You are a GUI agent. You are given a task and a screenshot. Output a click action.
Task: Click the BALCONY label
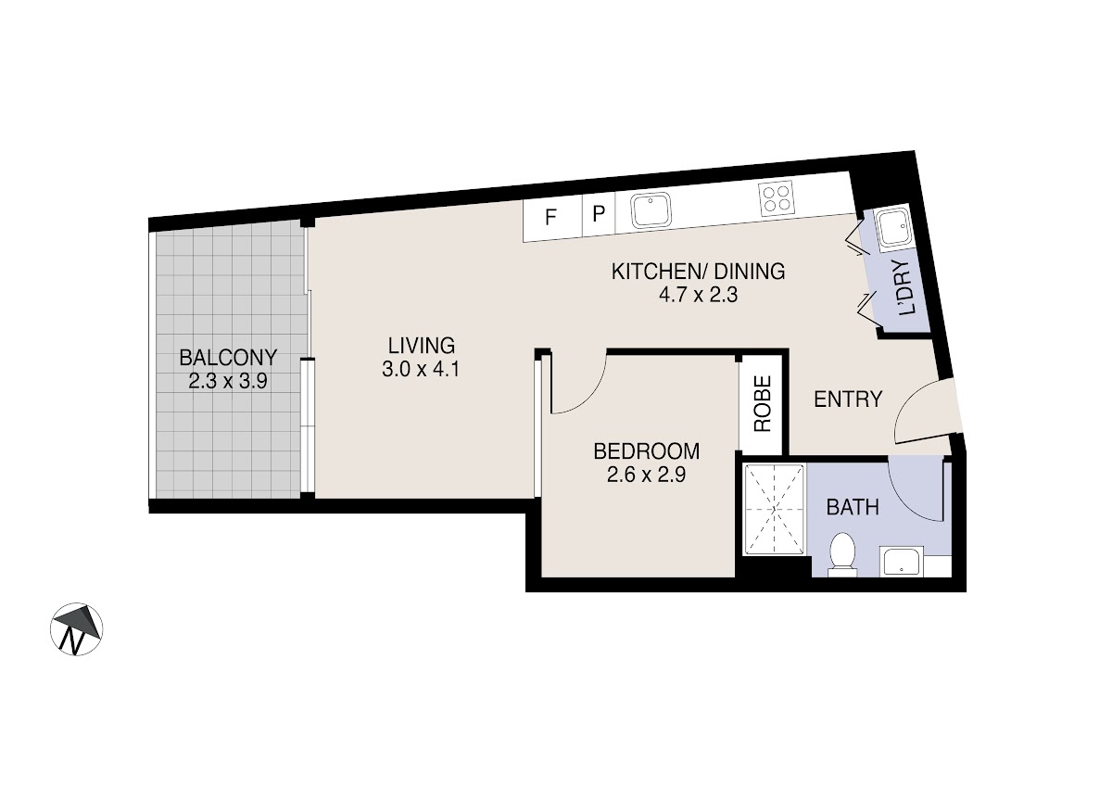pyautogui.click(x=228, y=358)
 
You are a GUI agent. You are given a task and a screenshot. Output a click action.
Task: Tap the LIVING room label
pyautogui.click(x=422, y=346)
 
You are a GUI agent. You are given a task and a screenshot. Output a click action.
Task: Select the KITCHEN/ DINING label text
pyautogui.click(x=698, y=273)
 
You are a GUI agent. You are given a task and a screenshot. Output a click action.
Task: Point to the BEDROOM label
pyautogui.click(x=647, y=451)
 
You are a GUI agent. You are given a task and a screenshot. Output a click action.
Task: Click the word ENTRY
pyautogui.click(x=849, y=399)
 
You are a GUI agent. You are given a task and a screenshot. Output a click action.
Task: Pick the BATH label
pyautogui.click(x=853, y=507)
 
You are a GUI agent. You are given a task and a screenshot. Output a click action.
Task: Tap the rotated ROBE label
pyautogui.click(x=763, y=403)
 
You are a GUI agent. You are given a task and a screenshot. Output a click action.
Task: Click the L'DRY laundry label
pyautogui.click(x=904, y=288)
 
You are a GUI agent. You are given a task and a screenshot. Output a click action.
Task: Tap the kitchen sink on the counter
pyautogui.click(x=651, y=209)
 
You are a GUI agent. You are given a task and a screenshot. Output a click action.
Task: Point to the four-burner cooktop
pyautogui.click(x=777, y=198)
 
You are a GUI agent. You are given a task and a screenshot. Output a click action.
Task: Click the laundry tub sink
pyautogui.click(x=892, y=227)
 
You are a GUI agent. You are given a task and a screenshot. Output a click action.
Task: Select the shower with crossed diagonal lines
pyautogui.click(x=774, y=510)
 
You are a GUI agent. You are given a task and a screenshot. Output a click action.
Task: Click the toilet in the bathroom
pyautogui.click(x=842, y=555)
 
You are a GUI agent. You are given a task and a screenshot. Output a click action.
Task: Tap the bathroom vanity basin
pyautogui.click(x=902, y=562)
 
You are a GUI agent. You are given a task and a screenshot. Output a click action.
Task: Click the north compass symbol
pyautogui.click(x=76, y=629)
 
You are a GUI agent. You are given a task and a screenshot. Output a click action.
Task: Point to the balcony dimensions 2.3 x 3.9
pyautogui.click(x=228, y=381)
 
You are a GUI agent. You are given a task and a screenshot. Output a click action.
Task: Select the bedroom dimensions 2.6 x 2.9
pyautogui.click(x=647, y=475)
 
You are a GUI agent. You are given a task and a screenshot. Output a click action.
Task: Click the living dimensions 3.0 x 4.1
pyautogui.click(x=421, y=370)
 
